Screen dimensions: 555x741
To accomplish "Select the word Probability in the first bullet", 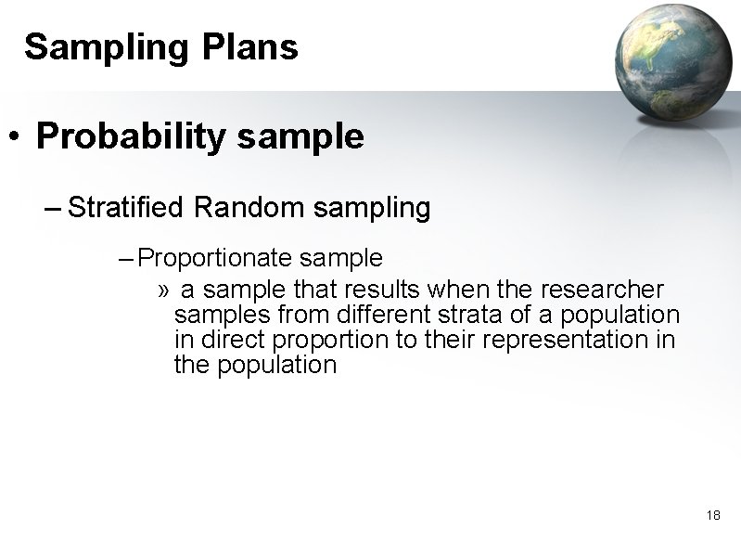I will pyautogui.click(x=132, y=137).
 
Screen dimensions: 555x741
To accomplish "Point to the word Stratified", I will pyautogui.click(x=127, y=208).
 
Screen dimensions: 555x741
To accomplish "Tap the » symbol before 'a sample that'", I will pyautogui.click(x=163, y=290).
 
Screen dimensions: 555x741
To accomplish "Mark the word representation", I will pyautogui.click(x=572, y=340).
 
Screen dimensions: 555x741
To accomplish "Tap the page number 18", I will pyautogui.click(x=712, y=515).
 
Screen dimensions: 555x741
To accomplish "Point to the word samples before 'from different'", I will pyautogui.click(x=219, y=315).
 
